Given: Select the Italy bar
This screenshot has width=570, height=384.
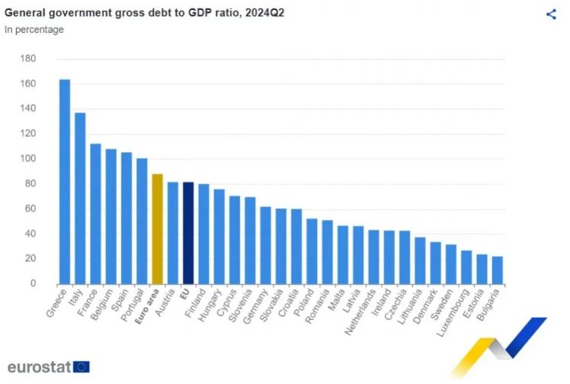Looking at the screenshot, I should pyautogui.click(x=80, y=198).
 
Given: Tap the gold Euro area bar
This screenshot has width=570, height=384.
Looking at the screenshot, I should pyautogui.click(x=158, y=229).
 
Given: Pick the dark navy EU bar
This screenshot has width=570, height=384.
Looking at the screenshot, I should pyautogui.click(x=188, y=233).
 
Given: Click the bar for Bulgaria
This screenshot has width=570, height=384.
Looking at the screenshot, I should pyautogui.click(x=498, y=270).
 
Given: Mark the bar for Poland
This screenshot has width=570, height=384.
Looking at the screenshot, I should pyautogui.click(x=312, y=251).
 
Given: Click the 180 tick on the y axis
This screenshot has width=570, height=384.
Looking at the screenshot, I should pyautogui.click(x=28, y=59).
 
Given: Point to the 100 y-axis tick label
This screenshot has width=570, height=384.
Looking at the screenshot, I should pyautogui.click(x=28, y=159).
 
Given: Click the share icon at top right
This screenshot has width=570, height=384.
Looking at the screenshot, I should pyautogui.click(x=551, y=14).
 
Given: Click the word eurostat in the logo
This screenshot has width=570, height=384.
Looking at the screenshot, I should pyautogui.click(x=40, y=366).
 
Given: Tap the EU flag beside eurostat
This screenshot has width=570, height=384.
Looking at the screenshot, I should pyautogui.click(x=82, y=366).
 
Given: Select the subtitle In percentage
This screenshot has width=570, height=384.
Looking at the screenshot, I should pyautogui.click(x=34, y=30).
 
